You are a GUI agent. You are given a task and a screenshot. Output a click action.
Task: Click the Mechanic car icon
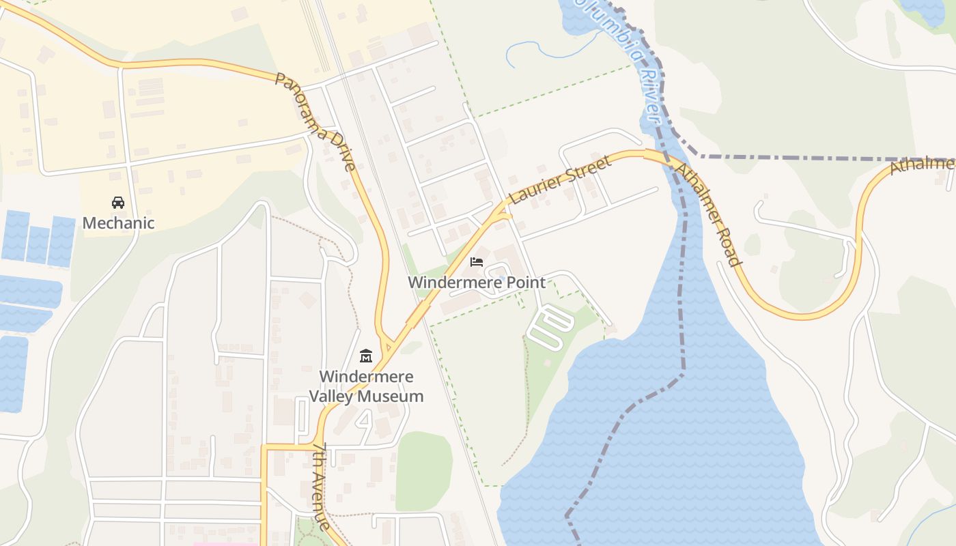pyautogui.click(x=118, y=203)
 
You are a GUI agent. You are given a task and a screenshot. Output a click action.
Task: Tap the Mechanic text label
pyautogui.click(x=118, y=223)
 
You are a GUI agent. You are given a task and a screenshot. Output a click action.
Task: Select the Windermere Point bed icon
pyautogui.click(x=477, y=262)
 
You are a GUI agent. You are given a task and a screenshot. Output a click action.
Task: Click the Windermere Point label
pyautogui.click(x=477, y=283)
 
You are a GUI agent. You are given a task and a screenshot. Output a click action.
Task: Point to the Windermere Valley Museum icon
pyautogui.click(x=366, y=356)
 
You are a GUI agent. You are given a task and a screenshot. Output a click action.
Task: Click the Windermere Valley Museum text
pyautogui.click(x=366, y=386)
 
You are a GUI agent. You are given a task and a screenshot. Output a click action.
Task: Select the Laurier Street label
pyautogui.click(x=560, y=181)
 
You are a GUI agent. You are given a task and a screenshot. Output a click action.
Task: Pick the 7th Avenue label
pyautogui.click(x=322, y=486)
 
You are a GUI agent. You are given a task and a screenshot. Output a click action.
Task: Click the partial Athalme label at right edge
pyautogui.click(x=922, y=166)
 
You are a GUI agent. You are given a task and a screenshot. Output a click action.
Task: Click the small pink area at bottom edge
pyautogui.click(x=225, y=544)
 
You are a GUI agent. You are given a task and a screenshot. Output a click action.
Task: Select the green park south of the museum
pyautogui.click(x=423, y=471)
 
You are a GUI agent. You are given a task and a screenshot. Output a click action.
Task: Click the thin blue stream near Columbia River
pyautogui.click(x=539, y=50)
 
